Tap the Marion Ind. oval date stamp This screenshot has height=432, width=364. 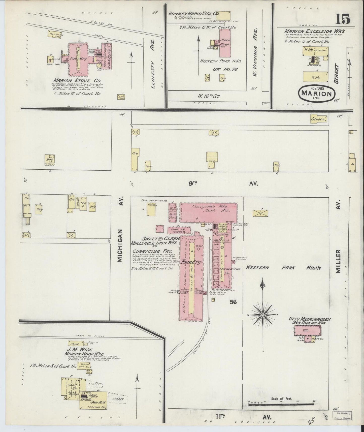317,93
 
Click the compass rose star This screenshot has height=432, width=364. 263,315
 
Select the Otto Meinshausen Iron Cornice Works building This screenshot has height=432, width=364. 308,330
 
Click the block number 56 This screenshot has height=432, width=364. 233,301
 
